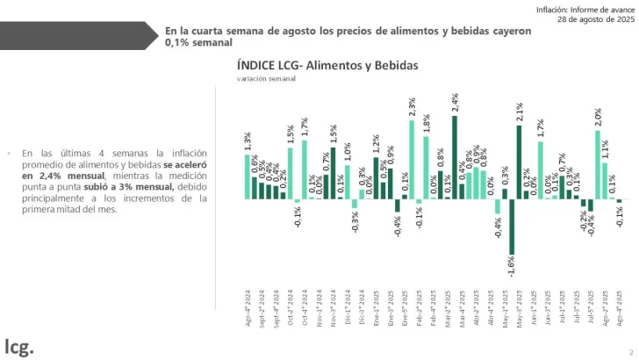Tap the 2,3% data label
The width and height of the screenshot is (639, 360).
(x=412, y=107)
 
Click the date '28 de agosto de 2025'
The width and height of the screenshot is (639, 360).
(x=588, y=18)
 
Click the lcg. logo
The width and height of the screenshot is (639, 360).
(x=19, y=345)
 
